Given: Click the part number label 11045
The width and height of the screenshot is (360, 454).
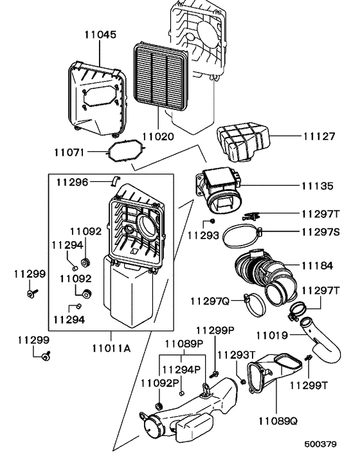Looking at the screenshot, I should coord(100,35).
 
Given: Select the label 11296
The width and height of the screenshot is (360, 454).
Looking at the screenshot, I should coord(71,181).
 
